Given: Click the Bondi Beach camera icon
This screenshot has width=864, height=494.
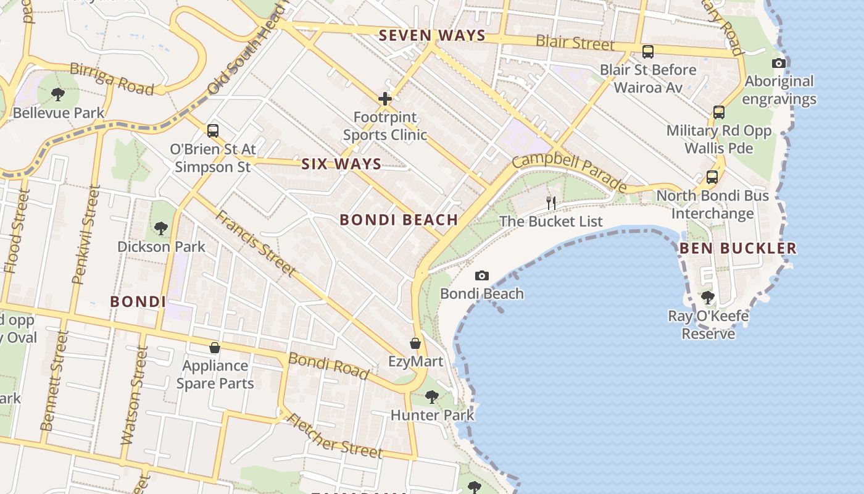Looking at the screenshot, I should point(482,275).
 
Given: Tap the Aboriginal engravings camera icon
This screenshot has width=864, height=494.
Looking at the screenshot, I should point(779,63).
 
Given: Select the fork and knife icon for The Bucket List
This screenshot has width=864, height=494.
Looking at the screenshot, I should point(551,202).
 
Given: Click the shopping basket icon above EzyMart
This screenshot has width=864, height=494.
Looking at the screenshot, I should point(415,343).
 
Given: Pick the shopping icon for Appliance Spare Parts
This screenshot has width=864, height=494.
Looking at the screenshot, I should point(215,348).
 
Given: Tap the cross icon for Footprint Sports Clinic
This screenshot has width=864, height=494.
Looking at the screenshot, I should point(385,98).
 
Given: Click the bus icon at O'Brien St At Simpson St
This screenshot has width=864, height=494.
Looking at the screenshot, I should point(213,130).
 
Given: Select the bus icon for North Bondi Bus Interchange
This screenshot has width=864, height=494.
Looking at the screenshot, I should point(712,177).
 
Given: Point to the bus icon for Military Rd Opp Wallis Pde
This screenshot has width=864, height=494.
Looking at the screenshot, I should point(719,112).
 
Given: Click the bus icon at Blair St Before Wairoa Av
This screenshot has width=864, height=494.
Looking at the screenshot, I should point(648,52).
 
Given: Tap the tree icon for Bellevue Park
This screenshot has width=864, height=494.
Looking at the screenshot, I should point(58,94).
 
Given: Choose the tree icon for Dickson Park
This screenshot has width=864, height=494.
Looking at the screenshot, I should point(161,228).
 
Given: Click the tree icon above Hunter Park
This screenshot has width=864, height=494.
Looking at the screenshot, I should point(432,396).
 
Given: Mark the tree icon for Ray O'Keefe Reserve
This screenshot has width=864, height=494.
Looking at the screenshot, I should point(708,298).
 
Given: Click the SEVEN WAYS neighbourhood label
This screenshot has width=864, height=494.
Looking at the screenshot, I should point(432,36).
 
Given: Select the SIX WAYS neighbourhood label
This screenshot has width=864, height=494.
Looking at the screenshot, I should point(341,164).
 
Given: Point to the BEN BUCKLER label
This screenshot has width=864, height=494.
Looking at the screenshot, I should point(738,249).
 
